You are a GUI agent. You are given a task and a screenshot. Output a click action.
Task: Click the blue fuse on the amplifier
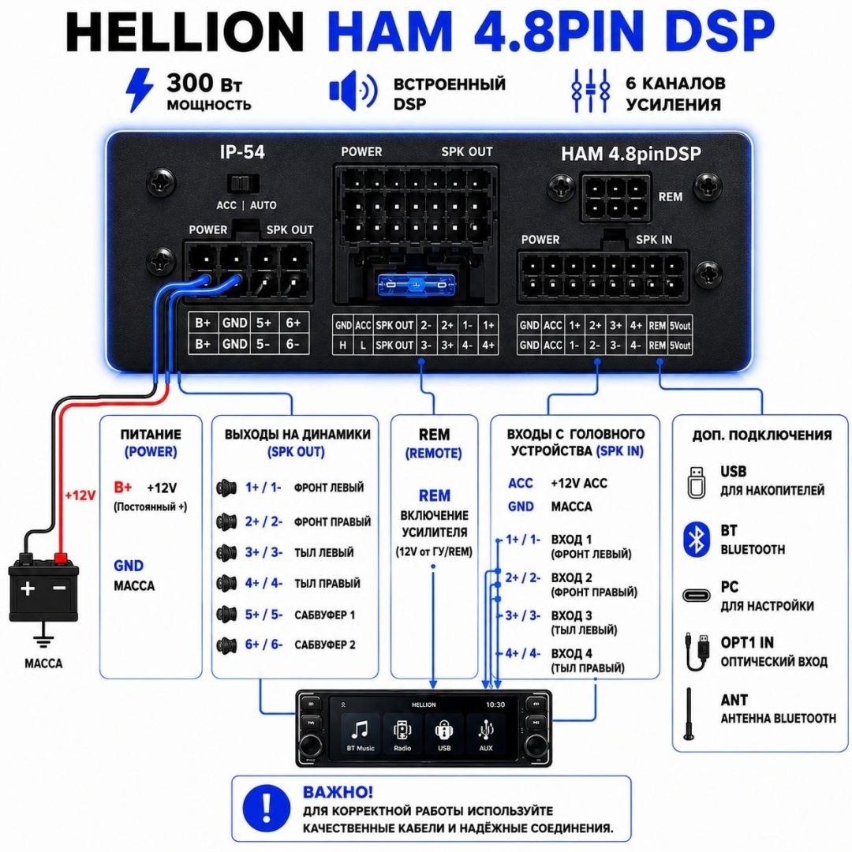point(416,284)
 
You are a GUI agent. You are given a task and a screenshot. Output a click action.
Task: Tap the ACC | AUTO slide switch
point(242,184)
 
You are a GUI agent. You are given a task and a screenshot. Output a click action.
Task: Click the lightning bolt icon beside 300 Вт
point(139,90)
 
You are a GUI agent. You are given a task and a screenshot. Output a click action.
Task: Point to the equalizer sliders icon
point(591,90)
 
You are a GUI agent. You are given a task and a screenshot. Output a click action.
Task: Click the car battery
point(43,589)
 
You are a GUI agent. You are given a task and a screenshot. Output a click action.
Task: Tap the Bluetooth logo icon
point(696,540)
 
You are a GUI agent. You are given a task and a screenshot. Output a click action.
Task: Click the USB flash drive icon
point(696,482)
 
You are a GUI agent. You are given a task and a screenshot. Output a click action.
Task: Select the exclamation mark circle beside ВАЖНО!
point(267,808)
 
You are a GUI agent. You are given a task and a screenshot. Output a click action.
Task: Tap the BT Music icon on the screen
point(361,734)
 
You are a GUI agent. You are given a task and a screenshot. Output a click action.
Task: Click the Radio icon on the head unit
point(402,734)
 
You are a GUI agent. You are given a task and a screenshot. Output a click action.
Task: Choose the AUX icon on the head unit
point(486,734)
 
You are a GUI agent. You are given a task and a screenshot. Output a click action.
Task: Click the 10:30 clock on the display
point(495,704)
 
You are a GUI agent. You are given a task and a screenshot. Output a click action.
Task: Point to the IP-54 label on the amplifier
point(242,152)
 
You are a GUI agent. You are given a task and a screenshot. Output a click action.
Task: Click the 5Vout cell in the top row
point(680,326)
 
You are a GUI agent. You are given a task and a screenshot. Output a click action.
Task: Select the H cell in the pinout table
point(342,345)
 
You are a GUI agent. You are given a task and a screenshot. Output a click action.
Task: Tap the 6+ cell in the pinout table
point(293,323)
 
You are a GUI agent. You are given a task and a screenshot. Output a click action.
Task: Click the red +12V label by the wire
point(80,495)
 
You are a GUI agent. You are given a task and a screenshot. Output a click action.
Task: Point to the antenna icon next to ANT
point(689,713)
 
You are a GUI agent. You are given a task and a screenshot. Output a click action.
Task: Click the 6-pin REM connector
point(615,198)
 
